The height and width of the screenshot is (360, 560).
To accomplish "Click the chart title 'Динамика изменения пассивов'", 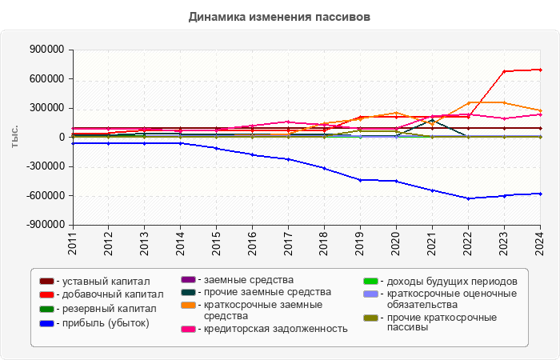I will click(279, 16).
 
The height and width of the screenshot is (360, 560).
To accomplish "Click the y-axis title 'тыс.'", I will click(14, 137).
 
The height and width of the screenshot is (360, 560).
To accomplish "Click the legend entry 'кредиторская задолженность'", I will click(275, 329).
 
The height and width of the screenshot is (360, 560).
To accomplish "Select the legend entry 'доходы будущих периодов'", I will click(451, 282).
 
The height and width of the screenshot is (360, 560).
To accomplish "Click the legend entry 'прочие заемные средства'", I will click(267, 292).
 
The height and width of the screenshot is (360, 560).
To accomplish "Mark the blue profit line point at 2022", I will click(468, 198).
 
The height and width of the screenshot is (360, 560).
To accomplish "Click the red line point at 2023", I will click(504, 71).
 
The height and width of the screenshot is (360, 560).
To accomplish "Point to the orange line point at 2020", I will click(396, 113).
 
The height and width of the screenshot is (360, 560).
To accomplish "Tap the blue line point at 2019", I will click(360, 180).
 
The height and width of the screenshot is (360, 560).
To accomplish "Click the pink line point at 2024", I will click(540, 114).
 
